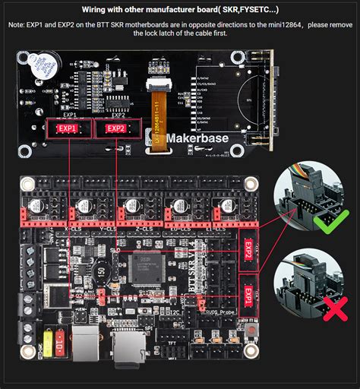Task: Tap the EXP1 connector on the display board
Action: coord(67,128)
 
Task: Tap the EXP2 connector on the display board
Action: coord(115,128)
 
